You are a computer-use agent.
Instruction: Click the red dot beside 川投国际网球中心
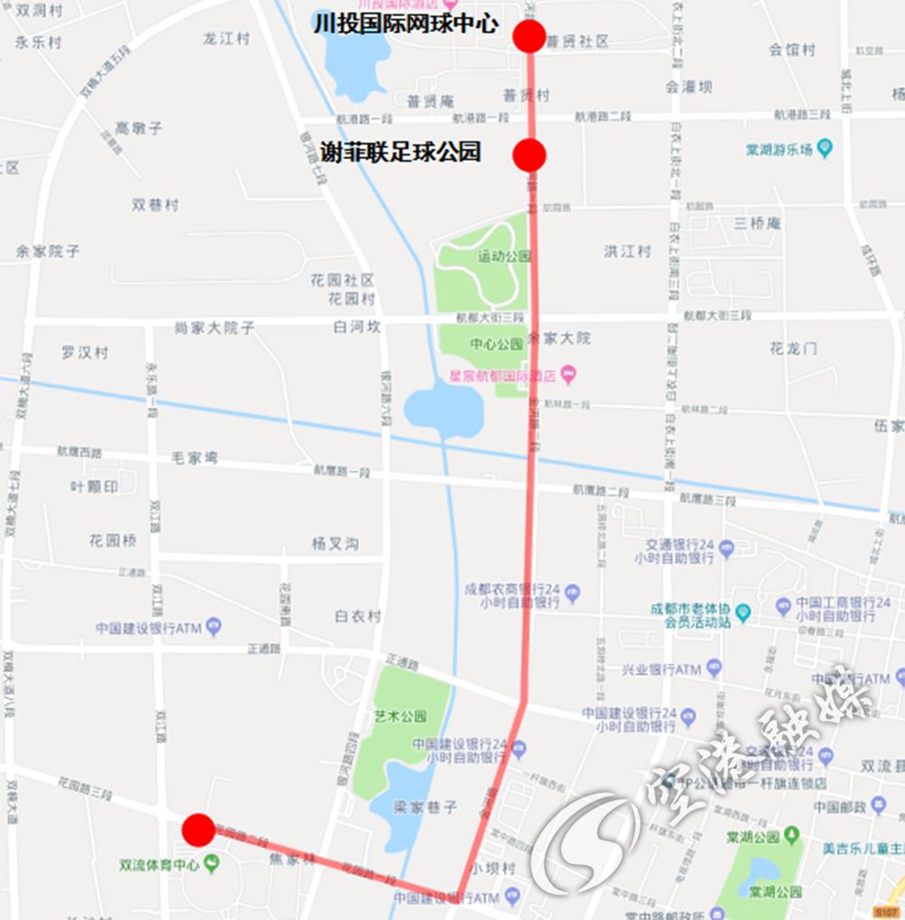pyautogui.click(x=529, y=36)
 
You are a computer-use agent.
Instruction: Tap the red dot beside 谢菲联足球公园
pyautogui.click(x=529, y=155)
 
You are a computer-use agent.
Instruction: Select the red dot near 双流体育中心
pyautogui.click(x=198, y=829)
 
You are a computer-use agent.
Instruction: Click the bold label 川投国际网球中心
pyautogui.click(x=405, y=24)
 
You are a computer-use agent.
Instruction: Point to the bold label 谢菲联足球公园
pyautogui.click(x=400, y=152)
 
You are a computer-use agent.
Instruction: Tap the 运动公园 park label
pyautogui.click(x=504, y=256)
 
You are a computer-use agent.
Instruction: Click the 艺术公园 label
pyautogui.click(x=400, y=716)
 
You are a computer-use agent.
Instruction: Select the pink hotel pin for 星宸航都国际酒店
pyautogui.click(x=567, y=373)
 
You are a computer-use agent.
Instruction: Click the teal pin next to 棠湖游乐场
pyautogui.click(x=824, y=147)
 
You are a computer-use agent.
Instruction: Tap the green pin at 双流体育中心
pyautogui.click(x=212, y=864)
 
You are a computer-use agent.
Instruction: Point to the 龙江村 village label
pyautogui.click(x=226, y=38)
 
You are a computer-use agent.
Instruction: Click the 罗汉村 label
pyautogui.click(x=85, y=352)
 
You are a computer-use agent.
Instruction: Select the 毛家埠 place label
pyautogui.click(x=195, y=458)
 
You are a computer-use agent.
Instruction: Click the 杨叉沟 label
pyautogui.click(x=335, y=543)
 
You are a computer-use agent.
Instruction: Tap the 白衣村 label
pyautogui.click(x=357, y=616)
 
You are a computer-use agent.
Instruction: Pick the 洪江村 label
pyautogui.click(x=628, y=251)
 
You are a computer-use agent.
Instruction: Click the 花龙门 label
pyautogui.click(x=794, y=347)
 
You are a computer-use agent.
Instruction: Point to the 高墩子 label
pyautogui.click(x=139, y=128)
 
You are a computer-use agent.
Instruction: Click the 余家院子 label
pyautogui.click(x=48, y=251)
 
